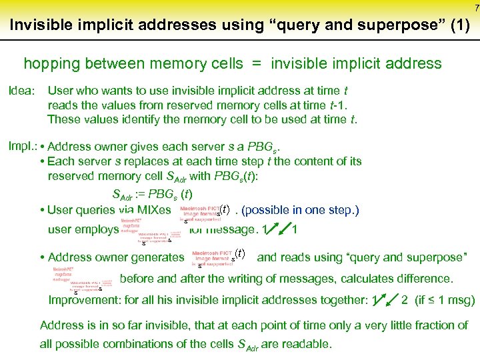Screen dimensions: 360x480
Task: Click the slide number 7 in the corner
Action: (x=476, y=7)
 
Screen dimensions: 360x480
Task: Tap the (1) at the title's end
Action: (x=458, y=25)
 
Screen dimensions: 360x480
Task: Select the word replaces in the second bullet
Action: (x=153, y=161)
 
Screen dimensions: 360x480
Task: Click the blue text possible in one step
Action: (x=300, y=210)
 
